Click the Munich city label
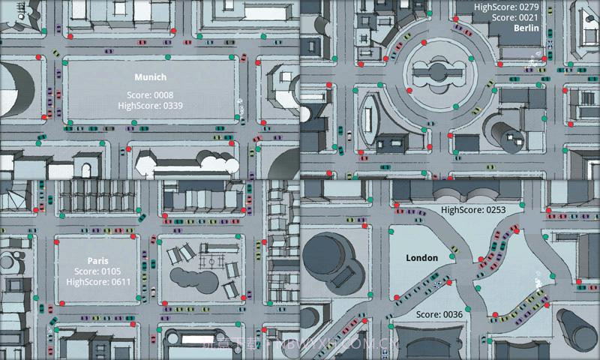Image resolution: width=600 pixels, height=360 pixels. point(150,77)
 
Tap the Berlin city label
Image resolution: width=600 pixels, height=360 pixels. point(526,28)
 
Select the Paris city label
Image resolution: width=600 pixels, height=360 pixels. point(97,261)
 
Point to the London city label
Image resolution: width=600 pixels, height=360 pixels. point(421,258)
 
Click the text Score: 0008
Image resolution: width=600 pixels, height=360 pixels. point(150,95)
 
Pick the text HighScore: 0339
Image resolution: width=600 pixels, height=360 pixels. point(150,106)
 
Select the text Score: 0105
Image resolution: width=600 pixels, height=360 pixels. point(97,271)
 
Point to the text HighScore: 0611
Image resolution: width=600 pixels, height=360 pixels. point(97,281)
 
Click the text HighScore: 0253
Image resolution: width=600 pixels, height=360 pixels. point(474,211)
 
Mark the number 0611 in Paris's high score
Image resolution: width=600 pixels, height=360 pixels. point(119,281)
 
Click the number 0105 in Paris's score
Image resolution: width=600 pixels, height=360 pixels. point(110,271)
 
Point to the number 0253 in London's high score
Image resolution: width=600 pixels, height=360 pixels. point(496,211)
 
